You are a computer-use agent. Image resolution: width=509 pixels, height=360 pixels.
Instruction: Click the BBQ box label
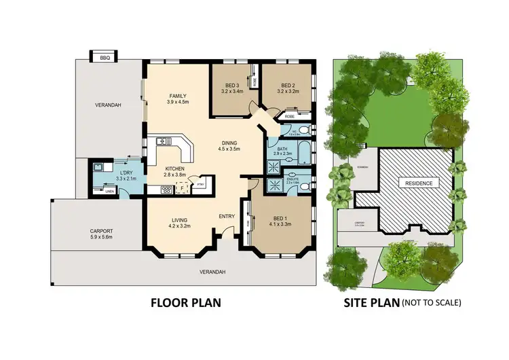[105, 58]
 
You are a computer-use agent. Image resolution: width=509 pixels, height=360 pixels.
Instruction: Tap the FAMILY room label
[178, 96]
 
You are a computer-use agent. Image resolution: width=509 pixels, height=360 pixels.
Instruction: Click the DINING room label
[229, 143]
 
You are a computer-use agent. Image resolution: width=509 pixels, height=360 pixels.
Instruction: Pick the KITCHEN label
[174, 169]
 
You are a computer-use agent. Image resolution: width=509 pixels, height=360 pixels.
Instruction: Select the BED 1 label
[280, 219]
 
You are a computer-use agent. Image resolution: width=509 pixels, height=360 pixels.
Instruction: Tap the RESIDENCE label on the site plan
[418, 183]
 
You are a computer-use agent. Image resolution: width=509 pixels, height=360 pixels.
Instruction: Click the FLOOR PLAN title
[186, 302]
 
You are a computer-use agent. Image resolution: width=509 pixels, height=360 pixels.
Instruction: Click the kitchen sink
[163, 141]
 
